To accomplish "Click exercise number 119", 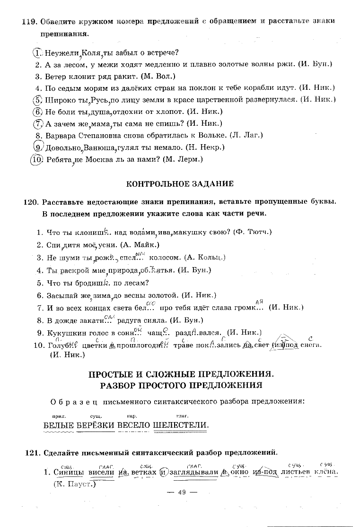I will coord(30,22).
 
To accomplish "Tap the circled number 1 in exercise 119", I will coord(38,52).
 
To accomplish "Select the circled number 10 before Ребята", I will coord(37,159).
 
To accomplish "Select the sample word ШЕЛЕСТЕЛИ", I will coord(181,424).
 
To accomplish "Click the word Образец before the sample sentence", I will coord(73,402).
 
